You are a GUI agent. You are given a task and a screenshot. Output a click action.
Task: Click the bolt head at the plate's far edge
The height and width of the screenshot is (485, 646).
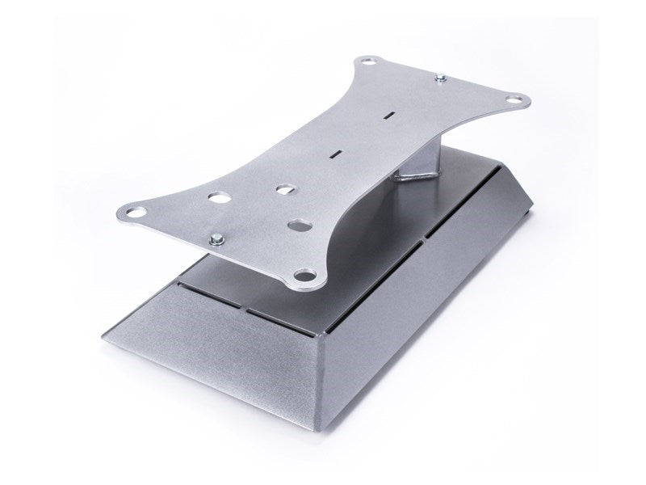click(439, 78)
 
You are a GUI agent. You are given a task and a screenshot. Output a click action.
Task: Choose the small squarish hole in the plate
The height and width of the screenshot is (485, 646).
click(283, 190)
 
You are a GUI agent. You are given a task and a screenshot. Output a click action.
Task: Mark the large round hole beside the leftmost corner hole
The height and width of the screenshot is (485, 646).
click(217, 196)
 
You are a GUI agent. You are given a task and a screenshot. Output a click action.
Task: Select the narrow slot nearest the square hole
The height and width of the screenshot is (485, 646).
click(334, 152)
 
